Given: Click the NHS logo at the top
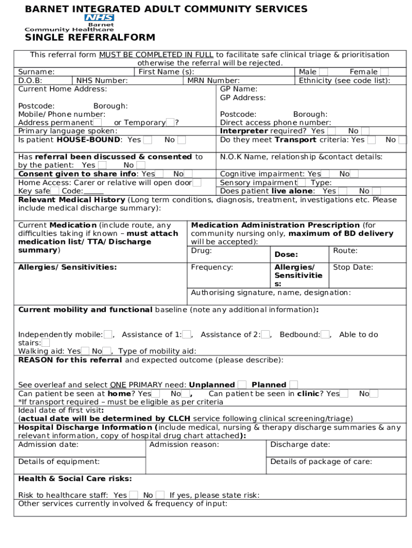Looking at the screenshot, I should tap(99, 18).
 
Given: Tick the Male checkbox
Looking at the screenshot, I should tap(323, 72).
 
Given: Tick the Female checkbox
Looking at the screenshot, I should tap(384, 72).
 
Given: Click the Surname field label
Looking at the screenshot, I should tap(36, 72).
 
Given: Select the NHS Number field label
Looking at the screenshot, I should tap(102, 81).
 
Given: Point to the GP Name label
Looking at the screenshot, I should tap(239, 89).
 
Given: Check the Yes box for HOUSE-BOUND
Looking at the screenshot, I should tap(148, 140).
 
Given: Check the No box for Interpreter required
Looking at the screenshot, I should tap(365, 131).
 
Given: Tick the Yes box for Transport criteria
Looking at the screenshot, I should tap(371, 140).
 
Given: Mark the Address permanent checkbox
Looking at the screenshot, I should tap(97, 123).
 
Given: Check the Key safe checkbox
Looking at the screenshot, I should tap(55, 191).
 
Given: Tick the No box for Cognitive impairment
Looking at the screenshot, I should tap(354, 174).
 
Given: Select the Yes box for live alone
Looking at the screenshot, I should tap(342, 191).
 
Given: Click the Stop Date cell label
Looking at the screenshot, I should tap(353, 268).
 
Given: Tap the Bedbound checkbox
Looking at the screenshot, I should tap(325, 334).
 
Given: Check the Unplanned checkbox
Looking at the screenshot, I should tap(242, 385).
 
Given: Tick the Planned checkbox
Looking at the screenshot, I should tap(293, 385).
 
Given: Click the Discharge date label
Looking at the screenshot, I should tap(300, 445).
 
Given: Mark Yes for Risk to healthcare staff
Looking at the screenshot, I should tap(133, 495).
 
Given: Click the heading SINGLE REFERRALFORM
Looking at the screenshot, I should tap(90, 37).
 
